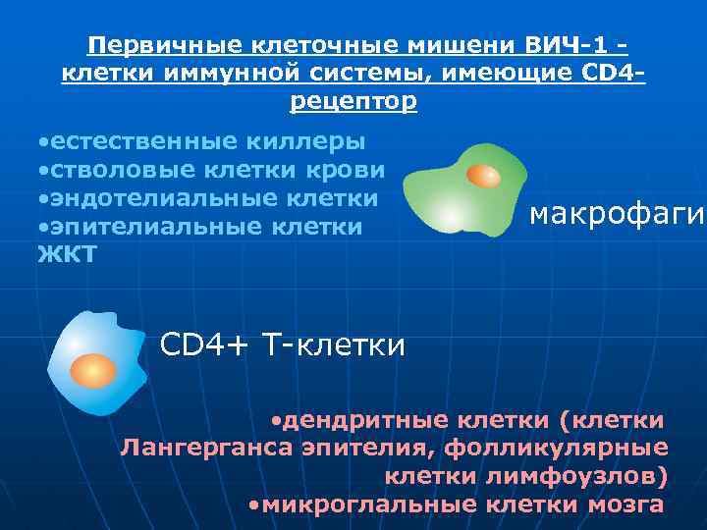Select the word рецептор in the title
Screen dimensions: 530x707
point(353,101)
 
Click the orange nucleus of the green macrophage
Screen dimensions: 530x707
point(483,176)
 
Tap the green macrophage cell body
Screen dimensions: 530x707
point(452,201)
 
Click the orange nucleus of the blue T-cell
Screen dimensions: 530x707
point(92,369)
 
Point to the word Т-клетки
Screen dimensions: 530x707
point(333,344)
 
